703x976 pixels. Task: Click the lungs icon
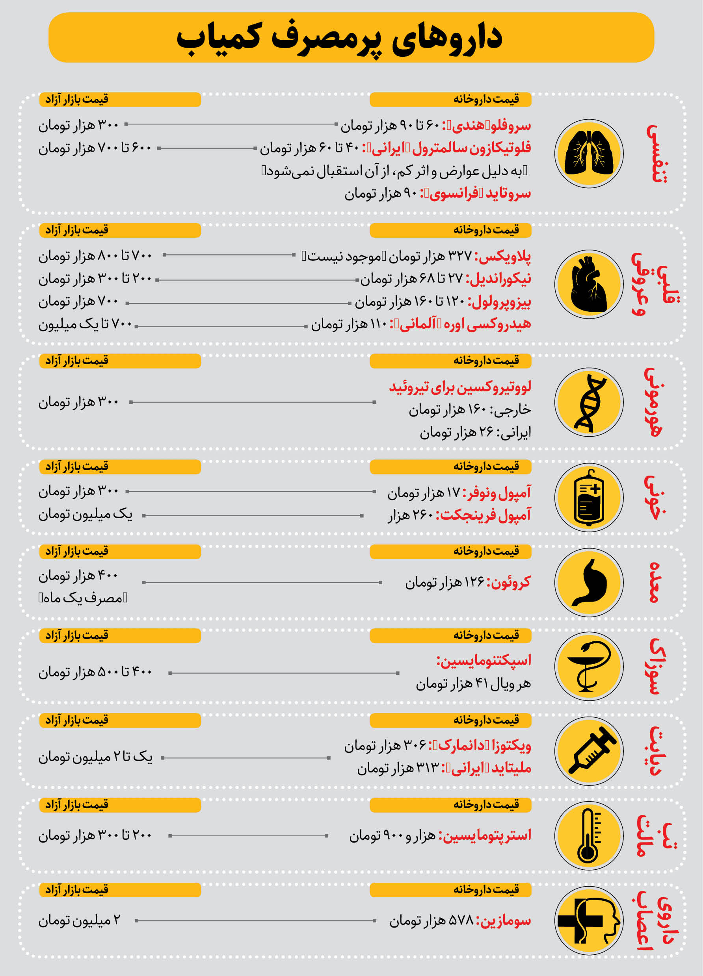click(588, 154)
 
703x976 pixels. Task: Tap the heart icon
click(588, 284)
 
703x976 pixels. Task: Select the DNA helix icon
click(588, 402)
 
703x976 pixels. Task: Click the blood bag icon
click(588, 498)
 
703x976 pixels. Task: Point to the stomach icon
click(588, 582)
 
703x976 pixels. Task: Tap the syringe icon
click(588, 751)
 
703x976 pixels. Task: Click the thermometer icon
click(588, 835)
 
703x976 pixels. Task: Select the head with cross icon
click(588, 920)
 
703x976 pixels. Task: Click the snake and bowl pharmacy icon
click(588, 666)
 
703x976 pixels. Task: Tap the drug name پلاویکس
click(503, 256)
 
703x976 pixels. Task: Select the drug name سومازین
click(504, 920)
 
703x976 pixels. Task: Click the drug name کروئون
click(509, 582)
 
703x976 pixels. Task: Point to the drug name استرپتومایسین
click(485, 835)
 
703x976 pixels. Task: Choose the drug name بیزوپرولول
click(499, 302)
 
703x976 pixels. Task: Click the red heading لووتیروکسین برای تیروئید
click(460, 387)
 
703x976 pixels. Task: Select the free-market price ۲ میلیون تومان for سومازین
click(79, 920)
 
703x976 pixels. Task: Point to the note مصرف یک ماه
click(83, 598)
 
